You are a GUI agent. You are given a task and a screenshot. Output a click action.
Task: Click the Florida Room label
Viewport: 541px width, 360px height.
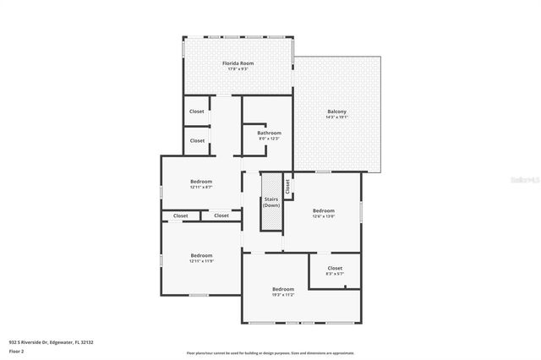[238, 63]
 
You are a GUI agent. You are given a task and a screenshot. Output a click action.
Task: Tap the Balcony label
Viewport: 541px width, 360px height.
[336, 112]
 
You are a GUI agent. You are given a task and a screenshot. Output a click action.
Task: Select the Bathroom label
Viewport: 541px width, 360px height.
[269, 133]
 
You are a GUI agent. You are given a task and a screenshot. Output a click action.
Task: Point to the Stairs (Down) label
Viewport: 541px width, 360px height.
[271, 201]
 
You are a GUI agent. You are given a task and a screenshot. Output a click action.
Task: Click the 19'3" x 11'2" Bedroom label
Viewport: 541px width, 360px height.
[282, 289]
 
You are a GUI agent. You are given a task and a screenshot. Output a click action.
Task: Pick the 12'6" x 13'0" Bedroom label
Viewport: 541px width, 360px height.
[324, 210]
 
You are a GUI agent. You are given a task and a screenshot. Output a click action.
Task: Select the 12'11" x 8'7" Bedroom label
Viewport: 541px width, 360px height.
[201, 182]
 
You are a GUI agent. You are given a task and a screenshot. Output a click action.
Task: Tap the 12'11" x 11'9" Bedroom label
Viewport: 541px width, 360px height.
[201, 255]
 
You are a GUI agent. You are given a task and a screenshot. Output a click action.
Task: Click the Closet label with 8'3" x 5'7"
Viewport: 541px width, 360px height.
[335, 268]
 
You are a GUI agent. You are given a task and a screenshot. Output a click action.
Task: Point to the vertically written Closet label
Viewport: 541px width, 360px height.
[287, 184]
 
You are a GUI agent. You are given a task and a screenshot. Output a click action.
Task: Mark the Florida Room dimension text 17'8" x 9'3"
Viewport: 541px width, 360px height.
[238, 68]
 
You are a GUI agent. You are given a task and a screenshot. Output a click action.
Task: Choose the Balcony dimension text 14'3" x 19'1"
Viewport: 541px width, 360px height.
[336, 117]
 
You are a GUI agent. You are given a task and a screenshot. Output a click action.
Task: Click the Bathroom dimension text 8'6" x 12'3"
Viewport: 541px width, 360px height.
[269, 139]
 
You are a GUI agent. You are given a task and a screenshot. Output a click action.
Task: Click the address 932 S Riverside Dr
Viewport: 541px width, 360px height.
[51, 342]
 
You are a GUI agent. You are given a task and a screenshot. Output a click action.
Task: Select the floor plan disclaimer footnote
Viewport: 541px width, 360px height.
[270, 353]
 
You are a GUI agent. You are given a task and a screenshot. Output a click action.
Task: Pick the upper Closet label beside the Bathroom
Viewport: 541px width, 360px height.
[197, 111]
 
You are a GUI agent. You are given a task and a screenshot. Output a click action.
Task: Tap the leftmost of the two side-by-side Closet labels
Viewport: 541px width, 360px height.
[181, 215]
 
